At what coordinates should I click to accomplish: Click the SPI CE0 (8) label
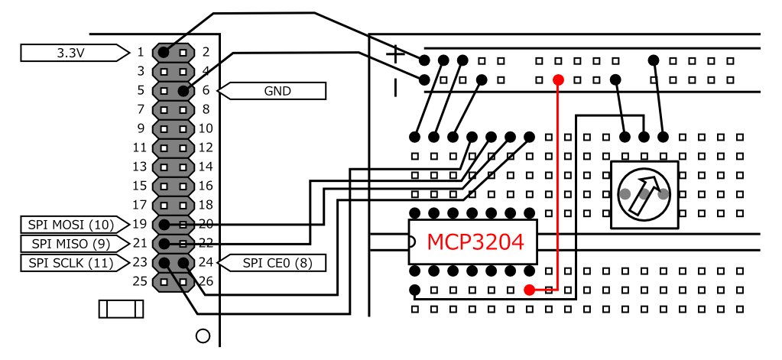pos(275,263)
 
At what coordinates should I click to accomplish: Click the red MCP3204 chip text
pos(475,242)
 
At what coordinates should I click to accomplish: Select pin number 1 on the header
pos(140,53)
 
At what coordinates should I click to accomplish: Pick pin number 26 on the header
pos(206,281)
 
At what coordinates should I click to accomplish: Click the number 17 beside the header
pos(138,205)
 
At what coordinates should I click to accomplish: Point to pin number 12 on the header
pos(206,148)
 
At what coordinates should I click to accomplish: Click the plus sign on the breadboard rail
pos(394,54)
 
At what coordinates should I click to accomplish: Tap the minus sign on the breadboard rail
pos(395,87)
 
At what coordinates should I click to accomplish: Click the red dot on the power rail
pos(558,79)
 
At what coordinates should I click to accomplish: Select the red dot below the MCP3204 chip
pos(529,290)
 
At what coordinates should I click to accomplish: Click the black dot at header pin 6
pos(183,91)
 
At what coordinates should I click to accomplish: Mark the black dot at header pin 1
pos(164,53)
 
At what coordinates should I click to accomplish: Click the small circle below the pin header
pos(203,335)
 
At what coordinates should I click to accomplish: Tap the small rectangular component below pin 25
pos(121,309)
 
